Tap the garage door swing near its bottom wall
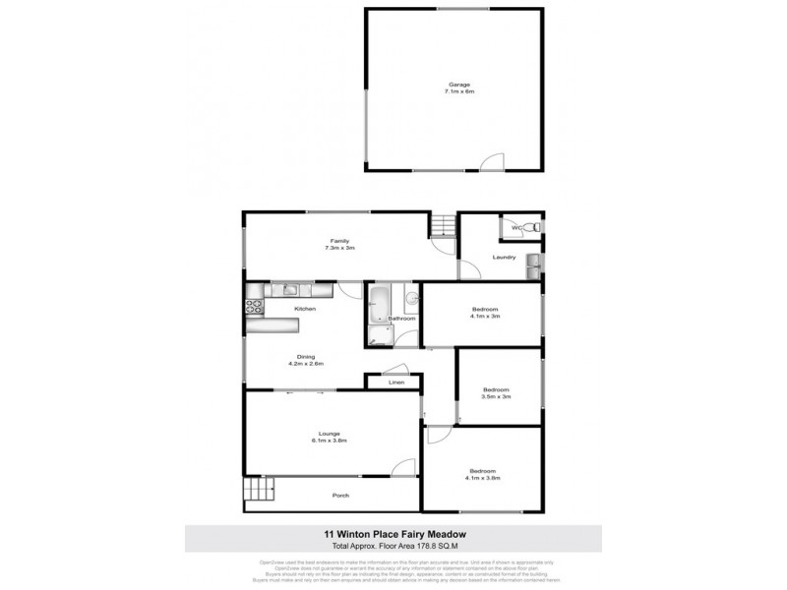498,162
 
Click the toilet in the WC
528,228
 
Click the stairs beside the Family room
443,227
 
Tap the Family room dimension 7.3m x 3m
338,249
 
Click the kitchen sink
292,289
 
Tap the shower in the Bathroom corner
379,337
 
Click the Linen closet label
395,382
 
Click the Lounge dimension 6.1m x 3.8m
329,441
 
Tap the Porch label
340,496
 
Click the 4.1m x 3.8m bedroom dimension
483,479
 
